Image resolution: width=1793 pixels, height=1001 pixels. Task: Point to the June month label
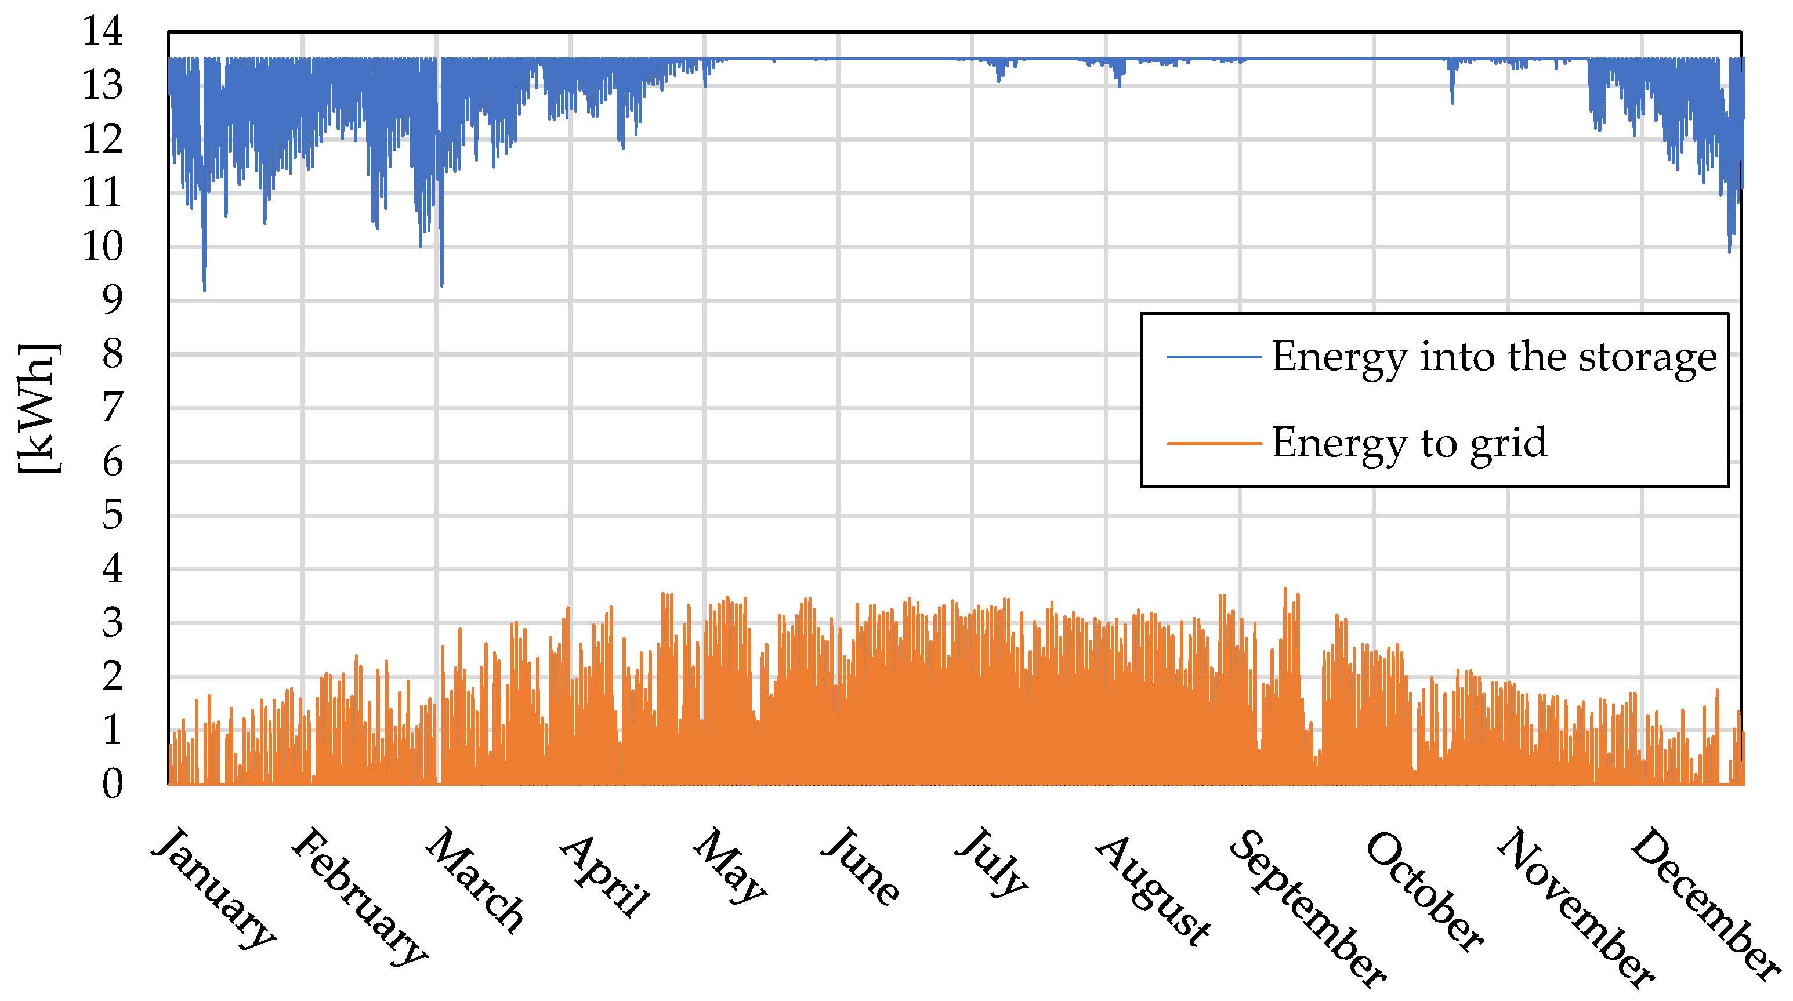tap(861, 866)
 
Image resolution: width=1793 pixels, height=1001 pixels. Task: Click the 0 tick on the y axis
tap(112, 784)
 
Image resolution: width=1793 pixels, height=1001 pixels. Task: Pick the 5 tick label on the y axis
tap(112, 515)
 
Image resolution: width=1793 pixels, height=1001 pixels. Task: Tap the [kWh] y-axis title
tap(38, 409)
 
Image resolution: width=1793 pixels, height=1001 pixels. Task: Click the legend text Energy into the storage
tap(1494, 357)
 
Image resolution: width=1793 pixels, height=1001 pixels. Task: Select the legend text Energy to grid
tap(1409, 443)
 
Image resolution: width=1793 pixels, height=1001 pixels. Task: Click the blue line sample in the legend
tap(1214, 357)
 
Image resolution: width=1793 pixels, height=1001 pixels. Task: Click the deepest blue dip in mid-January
tap(204, 288)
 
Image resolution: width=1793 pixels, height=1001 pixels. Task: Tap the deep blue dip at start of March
tap(442, 284)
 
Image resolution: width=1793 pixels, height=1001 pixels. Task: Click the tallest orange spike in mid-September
tap(1285, 590)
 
